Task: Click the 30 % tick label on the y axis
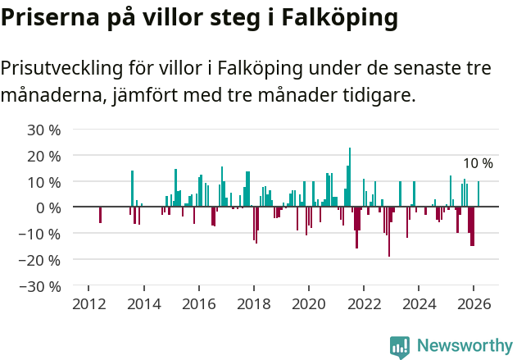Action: pos(44,130)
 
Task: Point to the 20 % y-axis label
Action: pos(44,156)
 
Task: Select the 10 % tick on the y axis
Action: pos(44,181)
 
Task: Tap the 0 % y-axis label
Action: pos(48,207)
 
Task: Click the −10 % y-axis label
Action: pos(41,234)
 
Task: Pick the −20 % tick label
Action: pos(41,260)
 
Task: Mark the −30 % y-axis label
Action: pos(41,286)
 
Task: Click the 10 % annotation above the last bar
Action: pos(478,164)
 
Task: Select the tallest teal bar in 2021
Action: pos(350,177)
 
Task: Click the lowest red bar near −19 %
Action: pos(389,232)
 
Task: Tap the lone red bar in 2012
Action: pos(100,215)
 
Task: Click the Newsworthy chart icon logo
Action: pos(400,347)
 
